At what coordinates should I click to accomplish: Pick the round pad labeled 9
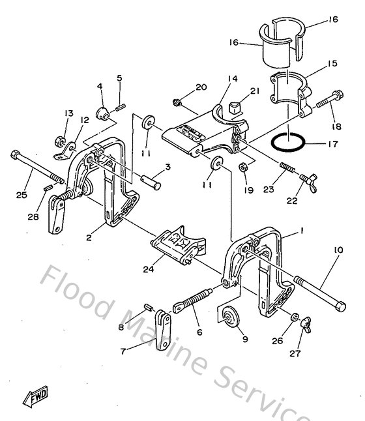[230, 318]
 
